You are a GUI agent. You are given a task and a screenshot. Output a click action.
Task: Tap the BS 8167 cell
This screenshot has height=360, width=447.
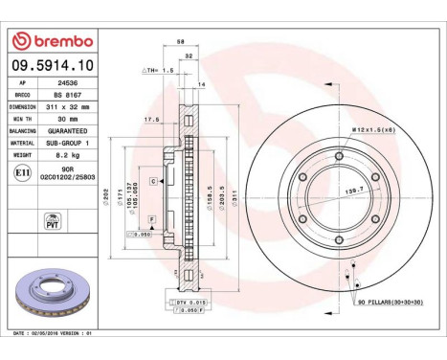click(66, 95)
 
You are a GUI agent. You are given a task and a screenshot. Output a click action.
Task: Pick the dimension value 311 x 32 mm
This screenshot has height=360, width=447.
click(66, 106)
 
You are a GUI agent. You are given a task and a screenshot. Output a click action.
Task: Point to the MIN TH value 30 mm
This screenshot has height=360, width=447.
click(66, 118)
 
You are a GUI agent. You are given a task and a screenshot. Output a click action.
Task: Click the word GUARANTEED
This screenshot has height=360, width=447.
click(66, 129)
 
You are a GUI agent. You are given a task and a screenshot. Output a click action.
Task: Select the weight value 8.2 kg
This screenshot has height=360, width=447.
click(66, 152)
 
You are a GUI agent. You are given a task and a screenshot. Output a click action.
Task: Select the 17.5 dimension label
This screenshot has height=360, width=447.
click(151, 120)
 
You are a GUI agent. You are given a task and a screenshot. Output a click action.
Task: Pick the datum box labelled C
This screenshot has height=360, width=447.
click(152, 181)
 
